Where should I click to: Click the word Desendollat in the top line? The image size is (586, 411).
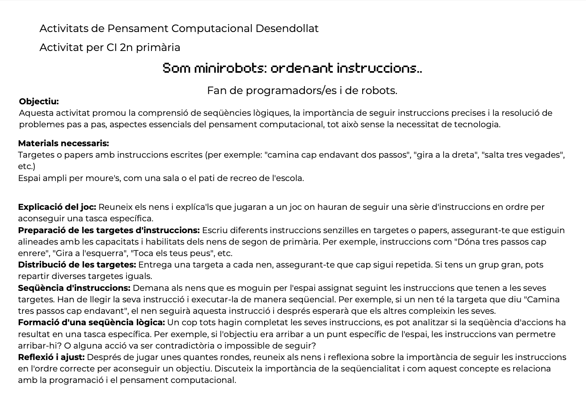pos(287,28)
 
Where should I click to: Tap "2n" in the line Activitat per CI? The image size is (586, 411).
pos(126,47)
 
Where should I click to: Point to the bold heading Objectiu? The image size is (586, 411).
pos(39,102)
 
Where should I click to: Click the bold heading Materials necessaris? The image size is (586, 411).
pos(63,143)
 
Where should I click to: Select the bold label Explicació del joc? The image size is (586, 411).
pos(57,207)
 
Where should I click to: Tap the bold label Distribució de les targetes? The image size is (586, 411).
pos(77,265)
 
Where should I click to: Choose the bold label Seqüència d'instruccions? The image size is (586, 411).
pos(74,288)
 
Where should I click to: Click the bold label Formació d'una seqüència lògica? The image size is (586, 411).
pos(91,322)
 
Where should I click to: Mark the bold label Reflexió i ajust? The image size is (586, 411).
pos(51,357)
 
